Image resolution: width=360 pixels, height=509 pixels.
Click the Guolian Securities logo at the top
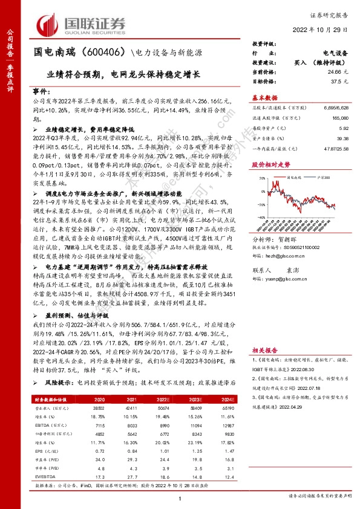(82, 25)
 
